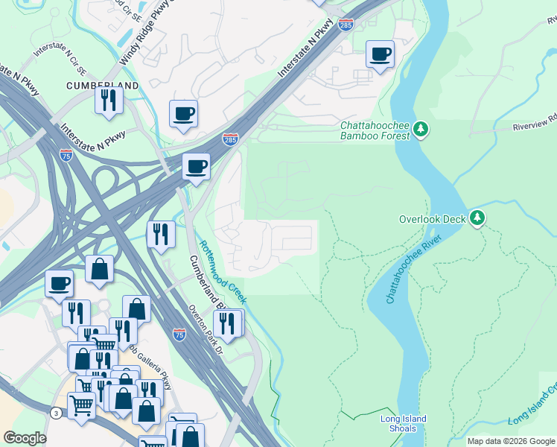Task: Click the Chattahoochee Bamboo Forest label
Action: pyautogui.click(x=375, y=131)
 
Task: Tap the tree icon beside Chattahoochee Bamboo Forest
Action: pyautogui.click(x=421, y=130)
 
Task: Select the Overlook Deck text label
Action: pyautogui.click(x=432, y=219)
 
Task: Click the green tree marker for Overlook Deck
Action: pyautogui.click(x=477, y=218)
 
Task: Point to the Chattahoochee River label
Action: pyautogui.click(x=414, y=268)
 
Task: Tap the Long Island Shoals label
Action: pyautogui.click(x=404, y=423)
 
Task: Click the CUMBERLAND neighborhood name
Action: pyautogui.click(x=103, y=86)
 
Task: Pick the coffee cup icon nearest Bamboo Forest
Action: pyautogui.click(x=381, y=54)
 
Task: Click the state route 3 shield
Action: pyautogui.click(x=56, y=413)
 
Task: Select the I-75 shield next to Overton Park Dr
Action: pyautogui.click(x=179, y=335)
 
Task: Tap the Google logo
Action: pyautogui.click(x=25, y=437)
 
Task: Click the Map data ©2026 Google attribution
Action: pyautogui.click(x=510, y=441)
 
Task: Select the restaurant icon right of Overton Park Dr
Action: pyautogui.click(x=228, y=323)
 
